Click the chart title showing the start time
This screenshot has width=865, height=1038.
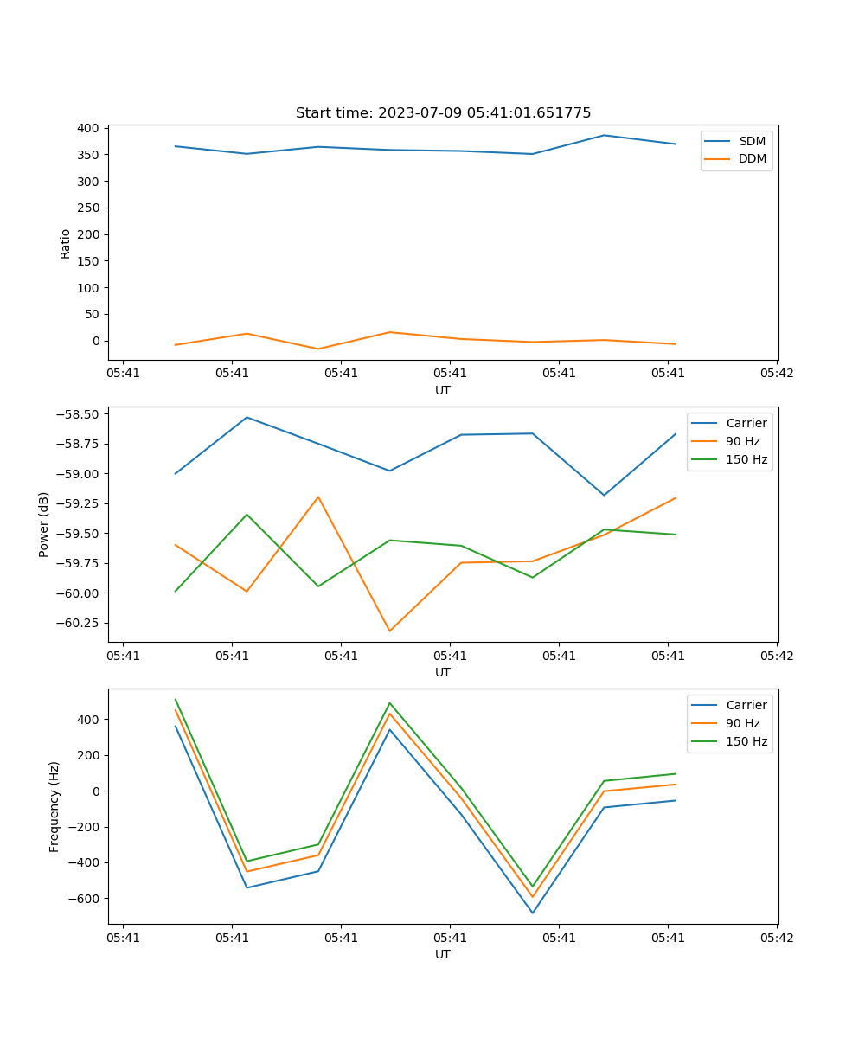pos(443,113)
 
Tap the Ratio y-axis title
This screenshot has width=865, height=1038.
pos(66,243)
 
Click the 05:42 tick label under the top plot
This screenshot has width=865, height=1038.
pos(776,374)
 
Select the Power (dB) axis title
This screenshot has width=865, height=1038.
pos(44,524)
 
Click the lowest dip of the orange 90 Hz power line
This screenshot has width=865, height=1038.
pos(389,631)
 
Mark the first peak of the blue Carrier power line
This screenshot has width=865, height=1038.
pos(247,417)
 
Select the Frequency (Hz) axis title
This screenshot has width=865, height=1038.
pos(54,806)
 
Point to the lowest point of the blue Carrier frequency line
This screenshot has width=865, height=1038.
pos(532,913)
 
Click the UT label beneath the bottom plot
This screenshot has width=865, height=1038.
pos(443,955)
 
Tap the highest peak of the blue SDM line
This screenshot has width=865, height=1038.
pos(604,135)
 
